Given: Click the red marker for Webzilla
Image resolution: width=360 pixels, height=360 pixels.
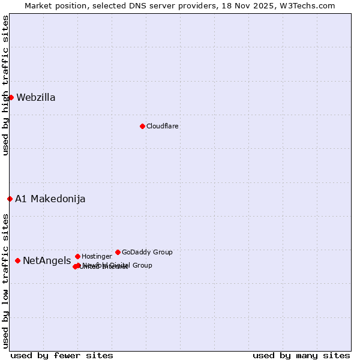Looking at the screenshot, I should coord(11,97).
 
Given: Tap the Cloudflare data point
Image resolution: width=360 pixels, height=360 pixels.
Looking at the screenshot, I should coord(142,126).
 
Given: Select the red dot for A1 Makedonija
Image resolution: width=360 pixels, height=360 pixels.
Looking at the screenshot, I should coord(10,199).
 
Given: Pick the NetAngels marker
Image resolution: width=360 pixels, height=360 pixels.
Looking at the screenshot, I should coord(17,260).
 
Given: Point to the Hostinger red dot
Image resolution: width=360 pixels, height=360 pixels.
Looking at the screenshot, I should coord(77,256).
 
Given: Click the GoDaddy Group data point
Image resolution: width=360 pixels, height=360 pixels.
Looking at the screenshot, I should coord(118,252).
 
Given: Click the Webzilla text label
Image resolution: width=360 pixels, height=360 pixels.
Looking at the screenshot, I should coord(36,98).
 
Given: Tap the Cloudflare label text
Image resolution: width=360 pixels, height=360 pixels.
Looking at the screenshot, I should coord(163,126).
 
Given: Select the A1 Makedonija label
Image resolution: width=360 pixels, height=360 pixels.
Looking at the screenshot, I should coord(50,199).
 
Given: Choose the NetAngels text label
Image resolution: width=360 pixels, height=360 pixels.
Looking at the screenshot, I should coord(47,261).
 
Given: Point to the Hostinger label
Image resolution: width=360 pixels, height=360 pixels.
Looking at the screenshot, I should coord(97,256).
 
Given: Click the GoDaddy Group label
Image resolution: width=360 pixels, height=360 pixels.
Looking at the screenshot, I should coord(147,252).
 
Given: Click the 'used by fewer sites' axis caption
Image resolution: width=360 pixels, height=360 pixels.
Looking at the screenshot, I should coord(62,355).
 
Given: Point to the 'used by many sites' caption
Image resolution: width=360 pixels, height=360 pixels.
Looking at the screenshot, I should coord(301,355).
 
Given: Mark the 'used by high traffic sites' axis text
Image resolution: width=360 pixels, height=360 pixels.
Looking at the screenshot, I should coord(5,85).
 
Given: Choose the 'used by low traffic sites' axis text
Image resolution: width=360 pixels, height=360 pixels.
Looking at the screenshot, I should coord(5,280).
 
